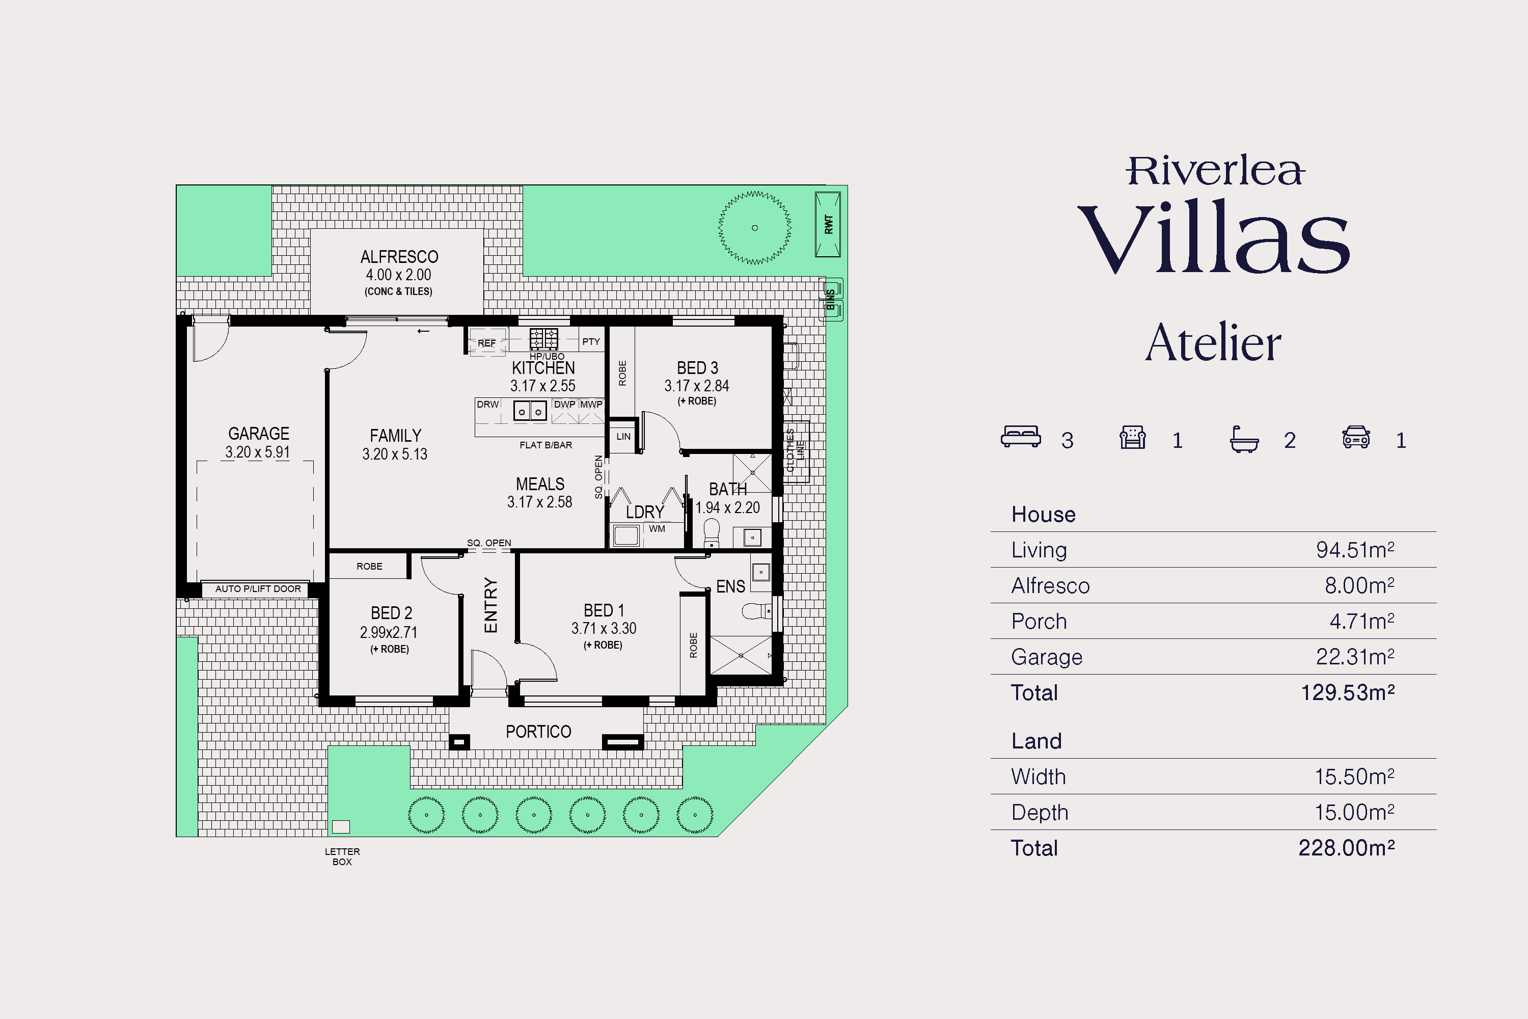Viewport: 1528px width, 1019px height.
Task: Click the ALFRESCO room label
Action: (399, 257)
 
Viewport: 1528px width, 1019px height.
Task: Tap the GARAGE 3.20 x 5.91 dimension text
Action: (257, 451)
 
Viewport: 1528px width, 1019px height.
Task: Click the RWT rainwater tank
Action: (828, 224)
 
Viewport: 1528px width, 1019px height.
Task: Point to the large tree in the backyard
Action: (754, 227)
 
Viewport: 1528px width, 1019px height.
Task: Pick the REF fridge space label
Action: (486, 343)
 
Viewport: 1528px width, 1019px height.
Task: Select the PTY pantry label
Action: (590, 341)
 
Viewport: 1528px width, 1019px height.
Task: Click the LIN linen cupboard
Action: (623, 436)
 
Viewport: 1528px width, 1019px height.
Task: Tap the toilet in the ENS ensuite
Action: (756, 611)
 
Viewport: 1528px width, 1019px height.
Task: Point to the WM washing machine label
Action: (657, 528)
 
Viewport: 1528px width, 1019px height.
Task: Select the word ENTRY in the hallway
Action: (490, 605)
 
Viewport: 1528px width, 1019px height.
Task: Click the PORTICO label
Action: (538, 732)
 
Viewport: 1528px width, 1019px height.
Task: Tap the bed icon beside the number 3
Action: (1021, 437)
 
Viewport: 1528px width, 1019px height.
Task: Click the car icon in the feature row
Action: (1356, 437)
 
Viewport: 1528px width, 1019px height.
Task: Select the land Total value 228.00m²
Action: (1346, 848)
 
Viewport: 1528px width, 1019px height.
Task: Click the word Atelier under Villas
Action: (1213, 342)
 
